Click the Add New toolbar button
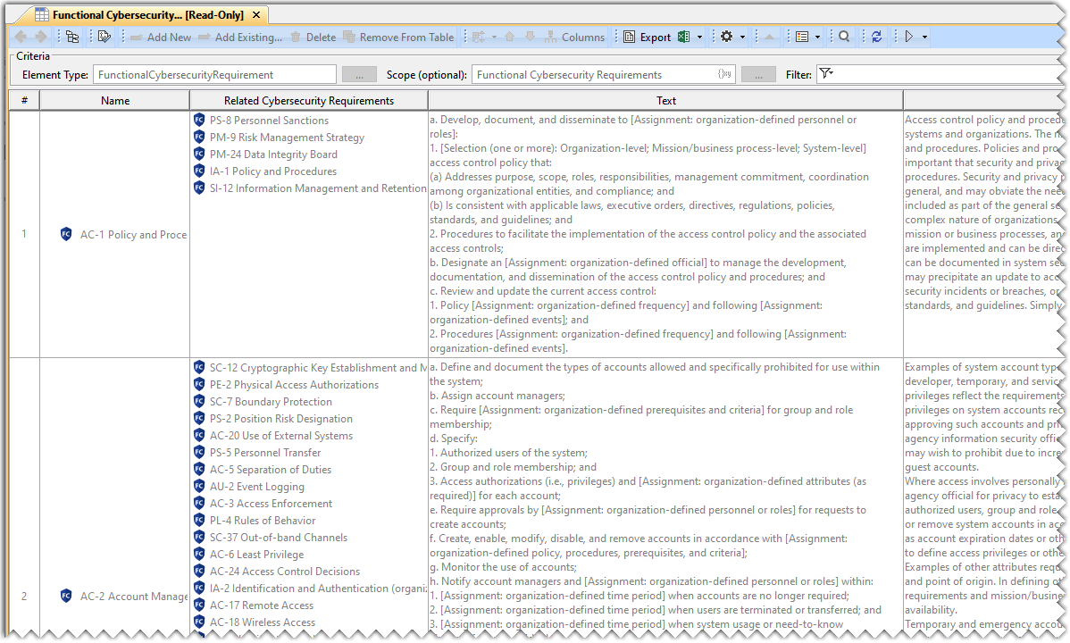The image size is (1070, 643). tap(161, 38)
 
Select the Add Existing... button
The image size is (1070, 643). tap(239, 38)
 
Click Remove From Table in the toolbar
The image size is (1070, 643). tap(399, 38)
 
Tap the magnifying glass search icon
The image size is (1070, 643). tap(844, 37)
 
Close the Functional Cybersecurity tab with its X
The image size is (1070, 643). tap(256, 15)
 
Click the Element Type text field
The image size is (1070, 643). tap(214, 75)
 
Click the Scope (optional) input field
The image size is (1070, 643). tap(594, 75)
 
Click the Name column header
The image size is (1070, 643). tap(115, 101)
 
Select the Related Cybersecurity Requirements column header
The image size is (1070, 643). tap(309, 101)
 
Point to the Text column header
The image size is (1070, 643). tap(666, 101)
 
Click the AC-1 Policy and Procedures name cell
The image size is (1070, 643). tap(133, 235)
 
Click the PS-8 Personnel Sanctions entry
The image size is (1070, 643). tap(269, 121)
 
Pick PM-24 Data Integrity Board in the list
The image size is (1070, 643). tap(273, 154)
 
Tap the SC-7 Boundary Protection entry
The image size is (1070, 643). tap(271, 402)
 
